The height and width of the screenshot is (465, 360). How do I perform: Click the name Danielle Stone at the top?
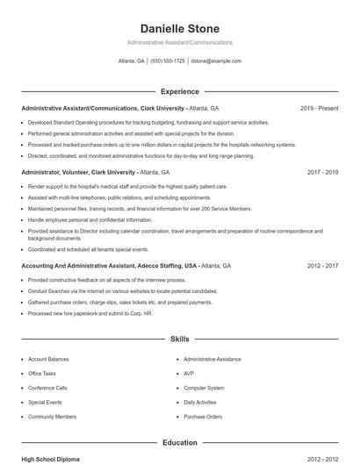(179, 29)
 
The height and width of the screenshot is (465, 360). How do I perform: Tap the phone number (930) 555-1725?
(168, 61)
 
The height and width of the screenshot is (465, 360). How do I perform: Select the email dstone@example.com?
(216, 61)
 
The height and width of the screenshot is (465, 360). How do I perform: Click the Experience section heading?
(179, 91)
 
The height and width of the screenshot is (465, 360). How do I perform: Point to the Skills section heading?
(179, 338)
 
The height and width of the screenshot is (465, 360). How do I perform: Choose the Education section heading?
(179, 442)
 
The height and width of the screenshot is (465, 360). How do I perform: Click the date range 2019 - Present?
(319, 108)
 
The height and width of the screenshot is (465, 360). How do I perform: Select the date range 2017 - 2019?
(322, 173)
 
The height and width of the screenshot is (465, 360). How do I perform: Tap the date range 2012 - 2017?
(322, 265)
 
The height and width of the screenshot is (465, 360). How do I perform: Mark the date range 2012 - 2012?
(322, 458)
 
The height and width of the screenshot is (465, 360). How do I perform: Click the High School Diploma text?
(52, 458)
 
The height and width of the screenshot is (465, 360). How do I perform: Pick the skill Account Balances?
(48, 359)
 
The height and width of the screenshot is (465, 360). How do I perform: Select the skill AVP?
(189, 373)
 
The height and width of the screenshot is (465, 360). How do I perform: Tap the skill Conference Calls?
(47, 388)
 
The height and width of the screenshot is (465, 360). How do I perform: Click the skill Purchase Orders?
(203, 417)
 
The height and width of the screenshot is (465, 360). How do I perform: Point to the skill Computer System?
(204, 388)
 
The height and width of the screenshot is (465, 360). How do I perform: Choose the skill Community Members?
(52, 417)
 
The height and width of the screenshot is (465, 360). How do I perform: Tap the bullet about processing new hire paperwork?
(90, 313)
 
